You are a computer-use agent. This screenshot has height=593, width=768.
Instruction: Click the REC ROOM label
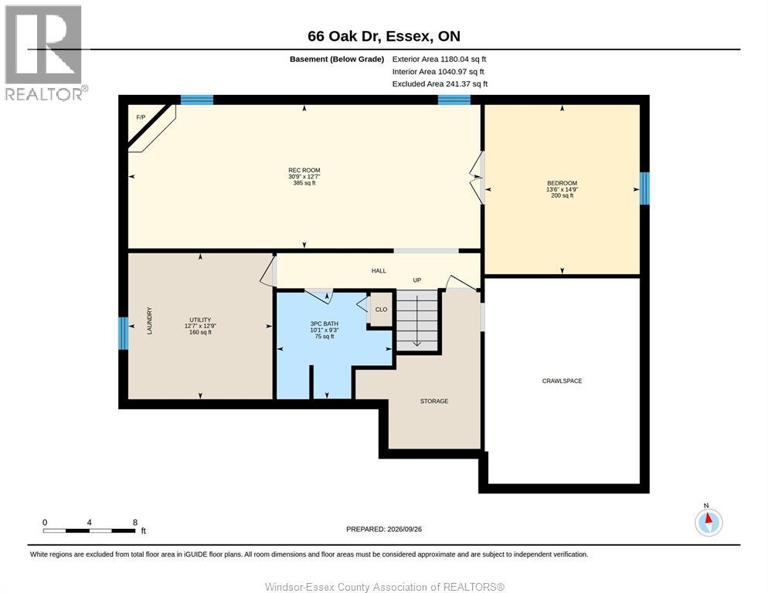[x=304, y=171]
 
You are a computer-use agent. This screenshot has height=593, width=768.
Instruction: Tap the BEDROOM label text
[x=562, y=183]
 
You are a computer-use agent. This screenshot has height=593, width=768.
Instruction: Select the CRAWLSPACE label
[x=562, y=381]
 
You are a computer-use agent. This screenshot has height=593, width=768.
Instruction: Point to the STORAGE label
[x=434, y=401]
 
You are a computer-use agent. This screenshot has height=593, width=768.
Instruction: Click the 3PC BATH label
[x=325, y=324]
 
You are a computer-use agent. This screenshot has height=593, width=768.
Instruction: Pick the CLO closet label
[x=381, y=310]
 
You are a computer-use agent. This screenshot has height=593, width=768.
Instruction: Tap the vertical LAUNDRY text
[x=149, y=320]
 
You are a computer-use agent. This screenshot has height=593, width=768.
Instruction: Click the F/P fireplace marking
[x=141, y=117]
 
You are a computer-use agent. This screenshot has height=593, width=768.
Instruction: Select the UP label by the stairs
[x=416, y=280]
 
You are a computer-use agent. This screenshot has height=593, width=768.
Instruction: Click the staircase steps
[x=416, y=320]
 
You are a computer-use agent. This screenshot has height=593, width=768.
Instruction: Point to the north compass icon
[x=709, y=521]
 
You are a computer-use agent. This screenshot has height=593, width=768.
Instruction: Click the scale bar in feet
[x=89, y=530]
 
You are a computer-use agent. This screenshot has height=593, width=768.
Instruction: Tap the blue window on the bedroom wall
[x=644, y=188]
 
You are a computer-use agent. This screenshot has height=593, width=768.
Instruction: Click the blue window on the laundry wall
[x=124, y=334]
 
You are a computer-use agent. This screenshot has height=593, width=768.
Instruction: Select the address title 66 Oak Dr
[x=384, y=36]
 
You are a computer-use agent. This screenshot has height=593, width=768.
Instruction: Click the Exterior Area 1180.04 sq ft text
[x=439, y=59]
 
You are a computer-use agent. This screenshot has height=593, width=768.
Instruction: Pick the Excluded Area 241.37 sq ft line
[x=440, y=83]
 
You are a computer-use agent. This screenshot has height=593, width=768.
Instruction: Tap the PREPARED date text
[x=384, y=530]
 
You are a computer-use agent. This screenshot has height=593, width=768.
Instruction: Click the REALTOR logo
[x=45, y=53]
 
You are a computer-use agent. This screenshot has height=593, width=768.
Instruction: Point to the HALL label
[x=379, y=271]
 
